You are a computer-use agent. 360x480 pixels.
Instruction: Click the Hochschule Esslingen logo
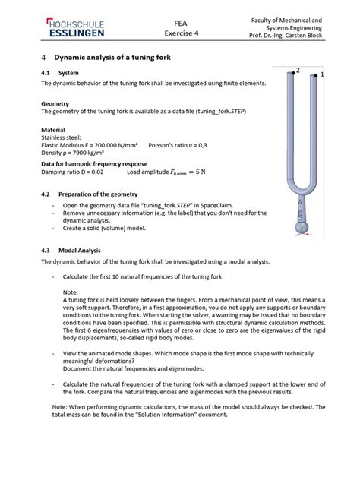(75, 28)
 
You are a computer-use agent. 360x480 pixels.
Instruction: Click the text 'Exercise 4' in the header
(182, 33)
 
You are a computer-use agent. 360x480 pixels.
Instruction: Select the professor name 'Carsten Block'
(303, 36)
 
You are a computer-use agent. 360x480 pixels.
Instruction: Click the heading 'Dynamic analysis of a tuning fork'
(112, 58)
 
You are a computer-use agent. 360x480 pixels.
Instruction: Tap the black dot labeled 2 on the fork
(293, 73)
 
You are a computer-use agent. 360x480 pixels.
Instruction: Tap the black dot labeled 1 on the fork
(316, 76)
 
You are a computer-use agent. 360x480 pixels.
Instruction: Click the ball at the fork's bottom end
(302, 227)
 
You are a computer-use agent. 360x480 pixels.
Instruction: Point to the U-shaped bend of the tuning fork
(302, 188)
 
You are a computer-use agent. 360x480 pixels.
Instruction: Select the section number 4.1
(46, 73)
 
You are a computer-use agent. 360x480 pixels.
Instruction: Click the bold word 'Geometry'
(55, 104)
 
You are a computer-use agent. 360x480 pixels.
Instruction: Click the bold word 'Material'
(53, 130)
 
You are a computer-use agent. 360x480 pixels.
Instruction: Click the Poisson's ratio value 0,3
(203, 145)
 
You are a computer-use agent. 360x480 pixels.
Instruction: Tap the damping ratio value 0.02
(97, 172)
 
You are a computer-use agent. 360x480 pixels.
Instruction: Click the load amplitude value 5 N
(201, 172)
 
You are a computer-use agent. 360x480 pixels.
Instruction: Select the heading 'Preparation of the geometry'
(98, 194)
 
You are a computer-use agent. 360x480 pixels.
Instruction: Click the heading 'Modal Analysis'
(80, 251)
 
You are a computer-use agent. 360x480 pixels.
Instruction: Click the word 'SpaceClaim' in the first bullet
(217, 205)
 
